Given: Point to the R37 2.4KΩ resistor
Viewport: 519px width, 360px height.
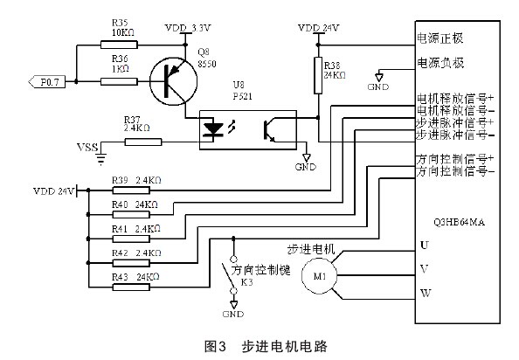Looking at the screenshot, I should [136, 142].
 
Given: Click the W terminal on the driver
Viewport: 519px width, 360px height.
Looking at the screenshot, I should [424, 294].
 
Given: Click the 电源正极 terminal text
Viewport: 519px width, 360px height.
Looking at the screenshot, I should [440, 40].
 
